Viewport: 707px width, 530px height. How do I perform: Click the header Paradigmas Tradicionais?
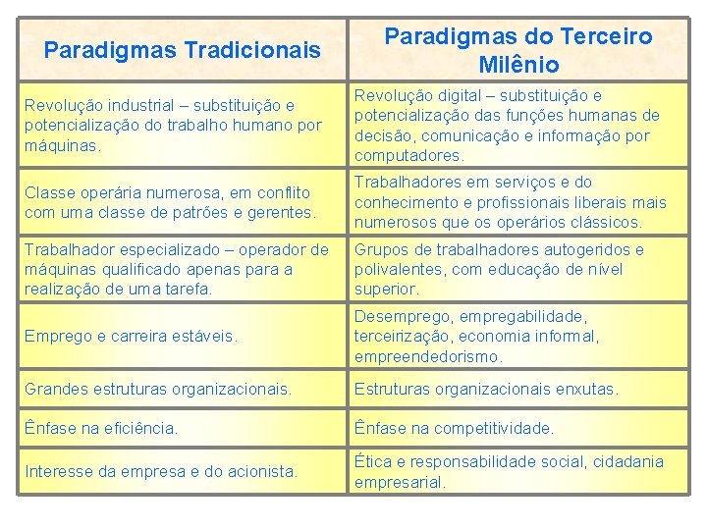[x=183, y=48]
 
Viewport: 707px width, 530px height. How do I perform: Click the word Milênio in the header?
[x=519, y=66]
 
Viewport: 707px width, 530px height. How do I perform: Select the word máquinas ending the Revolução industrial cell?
[x=63, y=145]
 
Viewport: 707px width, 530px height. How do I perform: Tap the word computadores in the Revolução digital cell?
[x=408, y=155]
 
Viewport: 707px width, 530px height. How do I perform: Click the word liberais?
[x=603, y=202]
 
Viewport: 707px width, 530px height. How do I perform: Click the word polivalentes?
[x=402, y=269]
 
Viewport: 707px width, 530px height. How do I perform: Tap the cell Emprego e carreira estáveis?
[x=131, y=336]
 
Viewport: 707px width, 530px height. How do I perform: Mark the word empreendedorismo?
[x=428, y=356]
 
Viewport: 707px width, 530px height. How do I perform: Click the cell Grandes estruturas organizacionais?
[x=158, y=390]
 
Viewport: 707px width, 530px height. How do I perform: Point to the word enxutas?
[x=583, y=390]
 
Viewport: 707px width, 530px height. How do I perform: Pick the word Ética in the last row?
[x=373, y=461]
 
